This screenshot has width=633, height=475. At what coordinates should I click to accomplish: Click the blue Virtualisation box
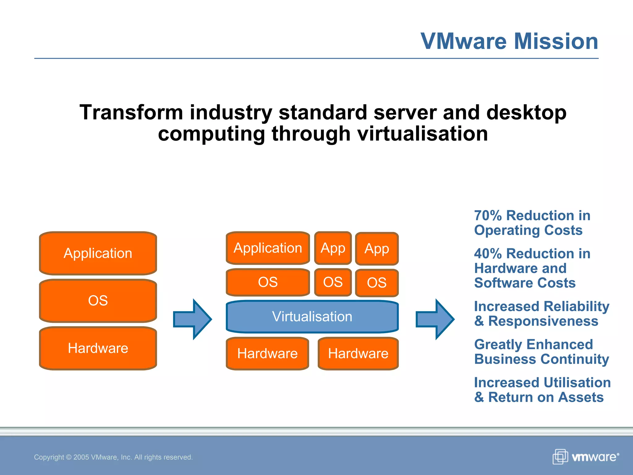(x=312, y=317)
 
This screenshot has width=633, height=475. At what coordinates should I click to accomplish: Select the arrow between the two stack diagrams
(x=193, y=319)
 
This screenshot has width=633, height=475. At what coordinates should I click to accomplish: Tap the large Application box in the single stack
(x=98, y=253)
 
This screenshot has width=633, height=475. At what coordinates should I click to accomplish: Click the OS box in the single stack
(x=98, y=301)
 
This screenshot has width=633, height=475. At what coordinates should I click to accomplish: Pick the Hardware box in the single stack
(x=98, y=348)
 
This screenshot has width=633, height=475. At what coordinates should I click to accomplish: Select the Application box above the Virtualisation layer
(x=268, y=248)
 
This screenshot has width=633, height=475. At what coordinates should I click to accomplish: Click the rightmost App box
(x=377, y=249)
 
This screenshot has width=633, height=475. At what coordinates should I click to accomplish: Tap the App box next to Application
(x=333, y=248)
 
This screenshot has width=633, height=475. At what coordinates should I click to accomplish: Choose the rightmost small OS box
(x=377, y=283)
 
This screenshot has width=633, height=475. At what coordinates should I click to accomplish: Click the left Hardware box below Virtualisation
(x=267, y=353)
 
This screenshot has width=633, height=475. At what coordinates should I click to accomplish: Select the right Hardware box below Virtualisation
(x=358, y=353)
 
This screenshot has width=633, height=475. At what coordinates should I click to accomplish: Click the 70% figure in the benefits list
(x=488, y=216)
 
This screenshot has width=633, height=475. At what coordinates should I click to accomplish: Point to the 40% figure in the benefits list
(x=488, y=254)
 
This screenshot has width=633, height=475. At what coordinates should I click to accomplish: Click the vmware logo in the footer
(x=586, y=457)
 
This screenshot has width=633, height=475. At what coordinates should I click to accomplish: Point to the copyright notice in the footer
(x=113, y=457)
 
